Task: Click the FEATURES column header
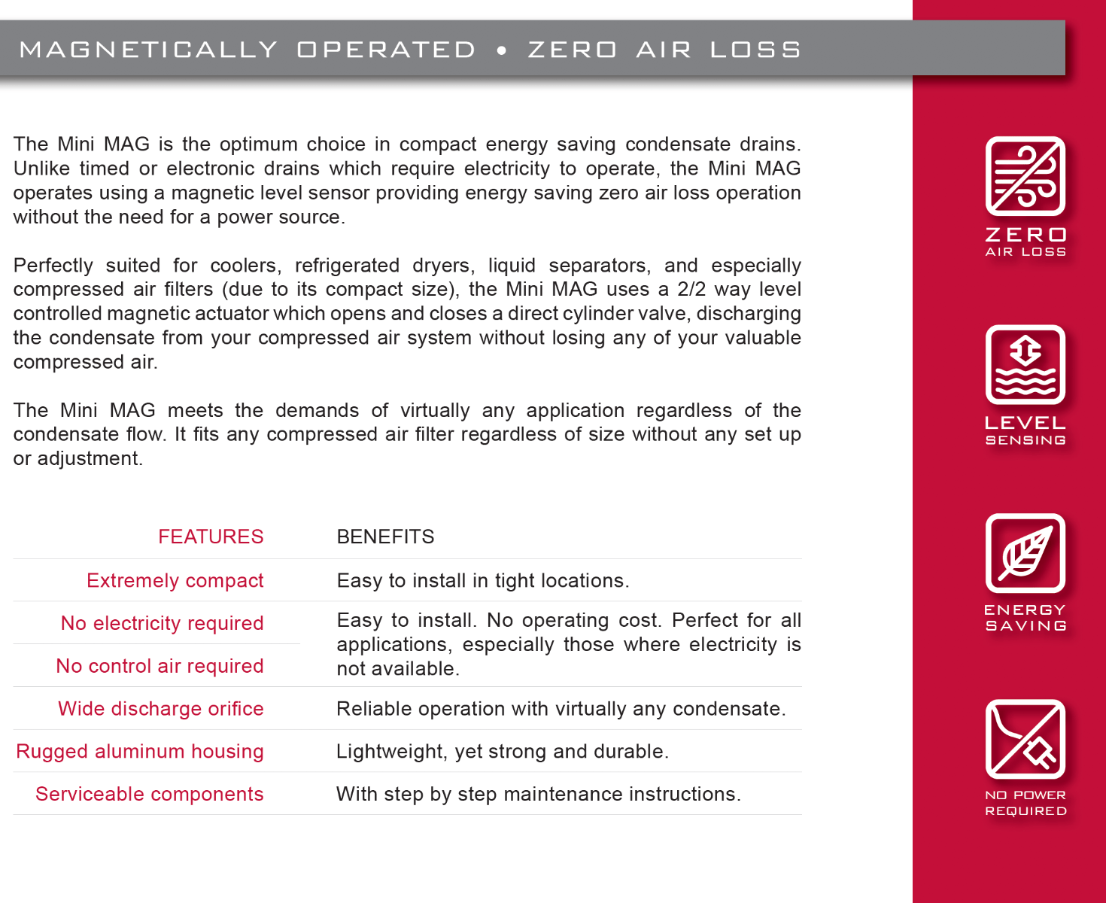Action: click(211, 537)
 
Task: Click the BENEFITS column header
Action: click(385, 537)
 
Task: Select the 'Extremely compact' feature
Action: click(175, 580)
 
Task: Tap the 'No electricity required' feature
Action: click(162, 623)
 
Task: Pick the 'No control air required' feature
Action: click(160, 666)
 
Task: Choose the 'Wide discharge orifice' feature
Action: click(160, 709)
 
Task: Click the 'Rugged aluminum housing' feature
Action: click(140, 751)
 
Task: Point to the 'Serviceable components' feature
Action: click(149, 794)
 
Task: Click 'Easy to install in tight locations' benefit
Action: click(482, 580)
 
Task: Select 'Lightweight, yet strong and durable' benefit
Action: click(502, 751)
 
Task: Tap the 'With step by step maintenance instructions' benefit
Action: click(538, 794)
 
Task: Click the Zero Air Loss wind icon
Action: click(1025, 176)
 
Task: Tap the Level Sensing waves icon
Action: click(1025, 364)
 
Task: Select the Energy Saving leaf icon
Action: click(1025, 553)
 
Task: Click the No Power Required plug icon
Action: click(1025, 739)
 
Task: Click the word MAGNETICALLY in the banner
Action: click(148, 50)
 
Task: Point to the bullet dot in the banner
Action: click(502, 50)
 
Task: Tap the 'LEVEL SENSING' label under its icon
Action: click(1025, 430)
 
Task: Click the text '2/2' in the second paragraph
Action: click(691, 289)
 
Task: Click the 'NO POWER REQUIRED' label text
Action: click(1025, 803)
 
